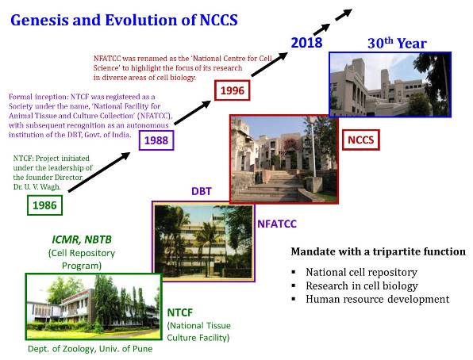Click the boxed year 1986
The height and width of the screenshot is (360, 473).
[x=44, y=205]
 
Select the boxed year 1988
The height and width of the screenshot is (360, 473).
[x=156, y=140]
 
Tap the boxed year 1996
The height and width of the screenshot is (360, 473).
[x=233, y=90]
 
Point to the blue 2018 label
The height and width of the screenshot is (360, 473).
[x=306, y=43]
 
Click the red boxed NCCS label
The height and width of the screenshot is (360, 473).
[x=361, y=140]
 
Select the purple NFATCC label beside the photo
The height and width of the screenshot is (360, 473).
[x=277, y=224]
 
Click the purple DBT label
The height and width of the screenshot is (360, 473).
[x=202, y=191]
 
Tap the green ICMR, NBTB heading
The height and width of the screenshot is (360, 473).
[x=82, y=239]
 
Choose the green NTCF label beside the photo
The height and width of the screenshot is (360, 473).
[x=180, y=312]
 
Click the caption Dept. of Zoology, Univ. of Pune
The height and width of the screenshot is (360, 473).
[x=90, y=349]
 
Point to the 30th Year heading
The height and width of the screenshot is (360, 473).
[x=397, y=43]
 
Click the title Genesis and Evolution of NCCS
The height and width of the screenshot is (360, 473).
[x=124, y=20]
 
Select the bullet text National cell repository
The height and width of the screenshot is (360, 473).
[x=361, y=272]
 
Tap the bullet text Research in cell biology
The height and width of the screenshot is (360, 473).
[x=362, y=285]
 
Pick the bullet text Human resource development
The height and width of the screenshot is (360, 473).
[x=378, y=299]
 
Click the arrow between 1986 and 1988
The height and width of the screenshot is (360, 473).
[x=99, y=172]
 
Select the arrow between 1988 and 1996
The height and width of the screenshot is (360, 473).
[x=193, y=113]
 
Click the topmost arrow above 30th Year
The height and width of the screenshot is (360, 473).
[x=344, y=14]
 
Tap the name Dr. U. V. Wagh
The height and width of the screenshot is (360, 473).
[x=37, y=187]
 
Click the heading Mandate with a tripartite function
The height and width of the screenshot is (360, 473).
[x=379, y=251]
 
